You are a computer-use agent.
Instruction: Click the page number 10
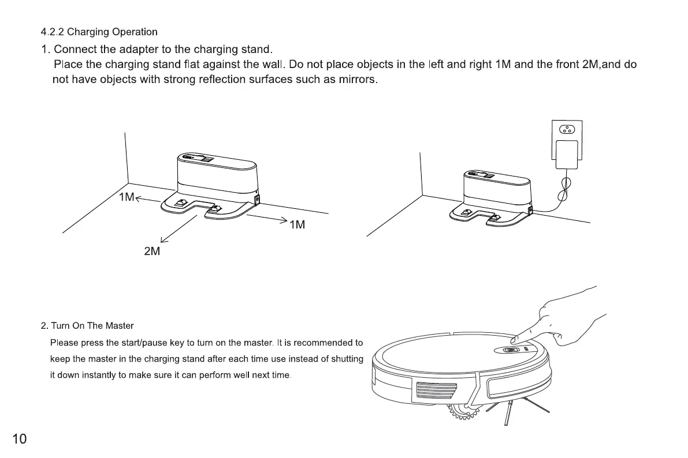pyautogui.click(x=19, y=439)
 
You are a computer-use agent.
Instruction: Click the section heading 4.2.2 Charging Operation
pyautogui.click(x=99, y=32)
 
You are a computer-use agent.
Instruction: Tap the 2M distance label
pyautogui.click(x=152, y=251)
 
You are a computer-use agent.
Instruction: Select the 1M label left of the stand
pyautogui.click(x=127, y=197)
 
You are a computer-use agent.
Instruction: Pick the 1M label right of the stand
pyautogui.click(x=297, y=225)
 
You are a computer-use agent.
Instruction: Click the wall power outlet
pyautogui.click(x=567, y=130)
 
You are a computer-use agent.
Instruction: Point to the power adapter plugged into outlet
pyautogui.click(x=566, y=153)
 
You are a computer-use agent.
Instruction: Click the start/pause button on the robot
pyautogui.click(x=510, y=350)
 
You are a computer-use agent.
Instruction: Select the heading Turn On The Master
pyautogui.click(x=87, y=326)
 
